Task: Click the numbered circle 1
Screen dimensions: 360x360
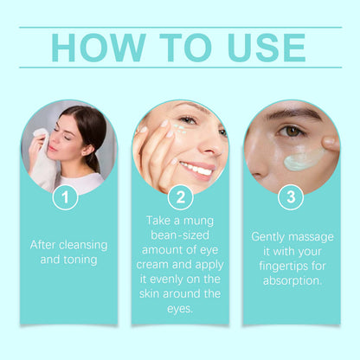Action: (x=65, y=197)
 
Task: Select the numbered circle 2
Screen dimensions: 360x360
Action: (x=179, y=197)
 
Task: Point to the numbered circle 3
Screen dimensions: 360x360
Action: (x=292, y=197)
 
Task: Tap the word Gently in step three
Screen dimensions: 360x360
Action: (x=270, y=235)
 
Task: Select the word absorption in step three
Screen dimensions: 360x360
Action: (x=292, y=280)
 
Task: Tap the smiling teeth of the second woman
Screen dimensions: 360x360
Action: (x=197, y=167)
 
